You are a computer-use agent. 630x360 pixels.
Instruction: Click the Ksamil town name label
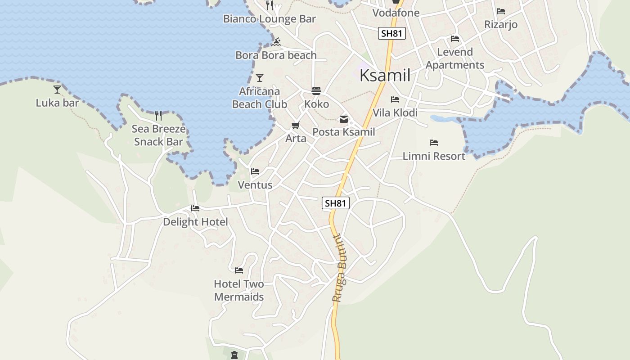[385, 75]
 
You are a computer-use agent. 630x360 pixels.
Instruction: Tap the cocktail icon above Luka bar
[57, 89]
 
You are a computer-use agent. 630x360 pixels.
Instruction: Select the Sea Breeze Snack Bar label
[158, 135]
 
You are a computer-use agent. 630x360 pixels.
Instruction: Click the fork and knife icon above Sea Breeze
[158, 116]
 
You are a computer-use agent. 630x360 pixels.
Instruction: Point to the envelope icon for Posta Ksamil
[344, 119]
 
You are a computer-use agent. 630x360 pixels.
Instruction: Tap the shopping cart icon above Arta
[295, 126]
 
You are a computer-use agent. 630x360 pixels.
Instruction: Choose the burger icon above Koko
[316, 91]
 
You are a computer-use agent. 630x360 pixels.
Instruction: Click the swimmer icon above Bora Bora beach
[276, 42]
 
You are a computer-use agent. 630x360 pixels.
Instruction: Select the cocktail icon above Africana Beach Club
[259, 78]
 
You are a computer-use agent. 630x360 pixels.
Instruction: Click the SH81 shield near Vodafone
[392, 33]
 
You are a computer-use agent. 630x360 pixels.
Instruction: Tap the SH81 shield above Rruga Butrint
[336, 203]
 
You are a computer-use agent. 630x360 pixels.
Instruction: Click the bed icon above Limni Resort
[434, 143]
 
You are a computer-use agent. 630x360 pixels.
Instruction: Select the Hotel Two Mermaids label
[239, 290]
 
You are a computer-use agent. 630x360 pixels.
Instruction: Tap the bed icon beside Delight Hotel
[195, 208]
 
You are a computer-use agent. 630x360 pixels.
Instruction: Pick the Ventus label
[255, 185]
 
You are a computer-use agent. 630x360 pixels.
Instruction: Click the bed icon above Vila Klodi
[395, 99]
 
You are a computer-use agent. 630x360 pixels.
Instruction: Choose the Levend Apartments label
[455, 58]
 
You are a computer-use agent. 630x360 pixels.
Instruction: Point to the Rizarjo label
[501, 24]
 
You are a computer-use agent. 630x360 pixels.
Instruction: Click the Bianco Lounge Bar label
[270, 19]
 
